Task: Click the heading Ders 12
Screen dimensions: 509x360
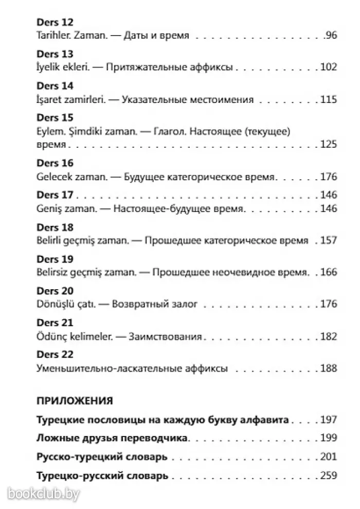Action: [56, 23]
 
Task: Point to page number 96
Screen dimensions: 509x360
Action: [330, 36]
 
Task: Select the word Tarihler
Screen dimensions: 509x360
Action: [53, 36]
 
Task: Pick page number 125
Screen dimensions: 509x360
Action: [328, 145]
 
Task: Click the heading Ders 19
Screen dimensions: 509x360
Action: [56, 258]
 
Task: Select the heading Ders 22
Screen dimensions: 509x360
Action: [56, 355]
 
